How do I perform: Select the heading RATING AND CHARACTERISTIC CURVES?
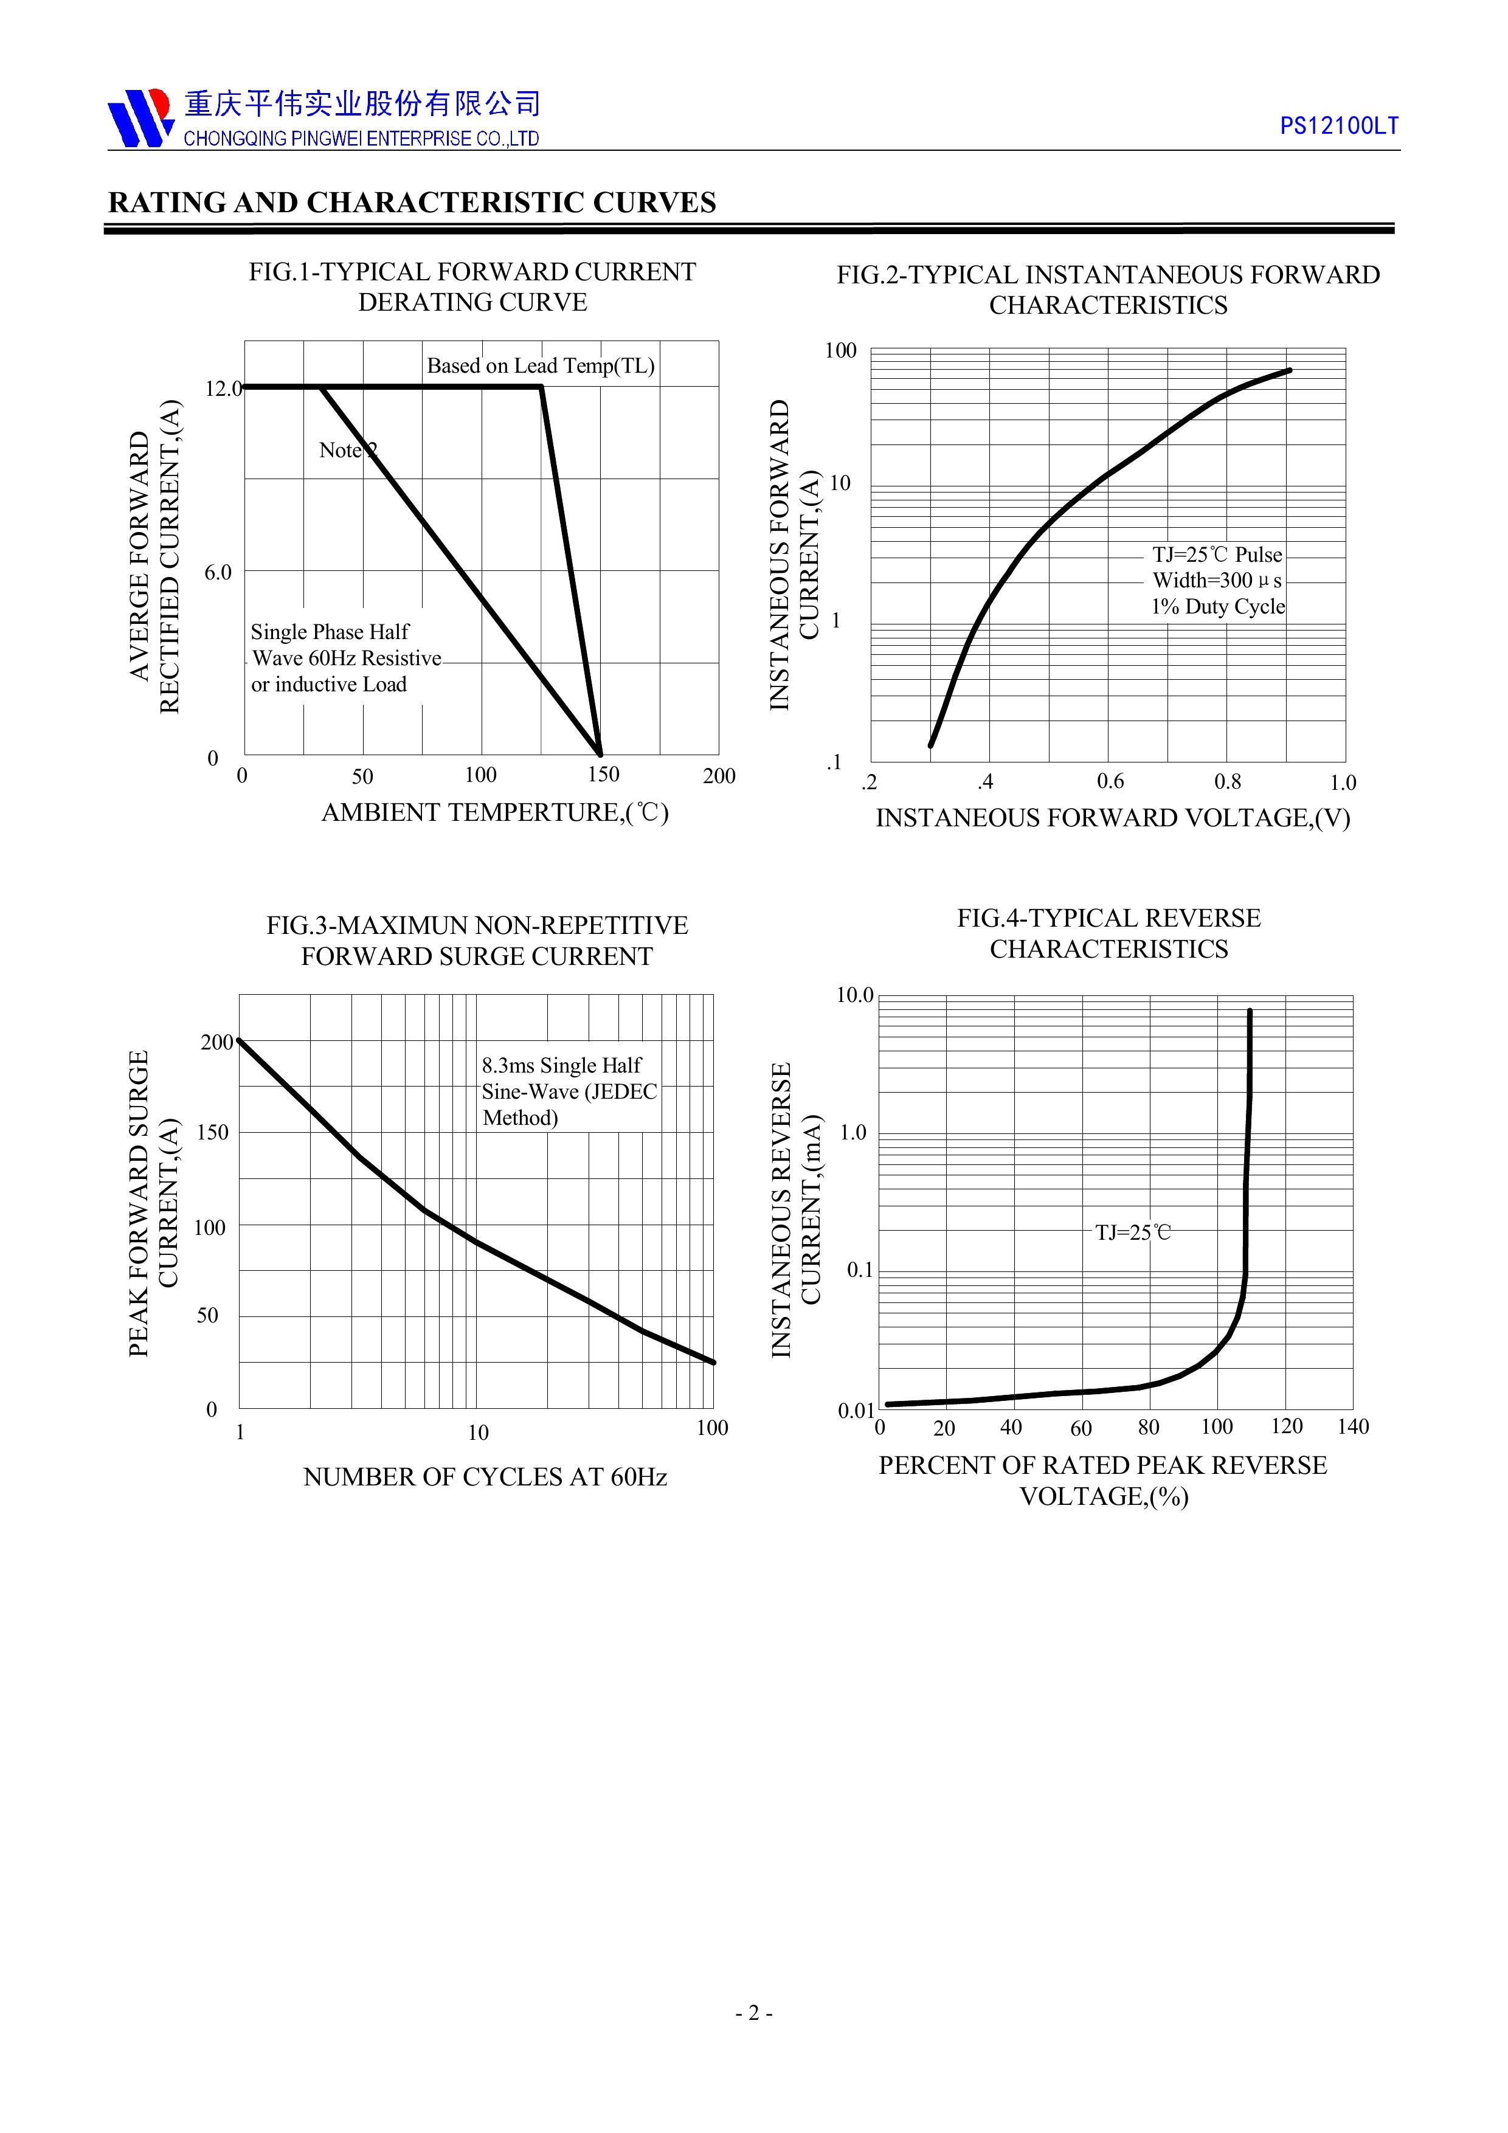click(x=412, y=202)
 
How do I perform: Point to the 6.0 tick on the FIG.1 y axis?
click(x=218, y=572)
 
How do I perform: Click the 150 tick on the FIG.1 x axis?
click(x=603, y=775)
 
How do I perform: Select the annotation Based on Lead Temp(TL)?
click(x=540, y=366)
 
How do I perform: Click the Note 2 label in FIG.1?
click(x=347, y=451)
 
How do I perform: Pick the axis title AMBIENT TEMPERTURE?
click(x=494, y=813)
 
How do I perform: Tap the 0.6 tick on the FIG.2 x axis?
click(x=1110, y=781)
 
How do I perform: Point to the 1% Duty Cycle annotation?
click(x=1218, y=607)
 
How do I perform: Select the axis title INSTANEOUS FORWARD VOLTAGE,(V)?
click(x=1112, y=818)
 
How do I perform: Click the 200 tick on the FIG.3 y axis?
click(x=216, y=1042)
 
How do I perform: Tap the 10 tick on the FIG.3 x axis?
click(x=477, y=1433)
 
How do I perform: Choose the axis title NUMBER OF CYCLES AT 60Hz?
click(x=485, y=1477)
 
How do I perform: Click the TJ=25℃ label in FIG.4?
click(x=1133, y=1232)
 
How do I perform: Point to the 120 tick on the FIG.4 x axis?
click(x=1287, y=1427)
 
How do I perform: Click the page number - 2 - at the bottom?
click(x=753, y=2039)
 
